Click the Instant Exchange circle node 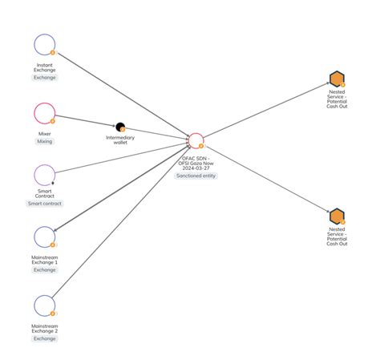(45, 34)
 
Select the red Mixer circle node (45, 103)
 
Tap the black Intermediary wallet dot (120, 127)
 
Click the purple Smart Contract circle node (45, 165)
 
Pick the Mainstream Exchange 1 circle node (45, 227)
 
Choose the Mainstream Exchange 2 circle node (45, 295)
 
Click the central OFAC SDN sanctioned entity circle (196, 133)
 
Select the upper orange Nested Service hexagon (337, 79)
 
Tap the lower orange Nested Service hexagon (337, 216)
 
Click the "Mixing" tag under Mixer (45, 141)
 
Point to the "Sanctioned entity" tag (196, 176)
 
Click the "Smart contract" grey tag (45, 204)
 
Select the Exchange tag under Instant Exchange (45, 78)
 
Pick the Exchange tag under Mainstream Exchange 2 (45, 338)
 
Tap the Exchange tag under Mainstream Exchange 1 (45, 270)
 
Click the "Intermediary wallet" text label (120, 140)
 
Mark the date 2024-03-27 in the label (196, 168)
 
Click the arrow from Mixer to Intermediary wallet (86, 120)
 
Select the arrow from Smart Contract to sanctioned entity (122, 158)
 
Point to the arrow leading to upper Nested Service (266, 110)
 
